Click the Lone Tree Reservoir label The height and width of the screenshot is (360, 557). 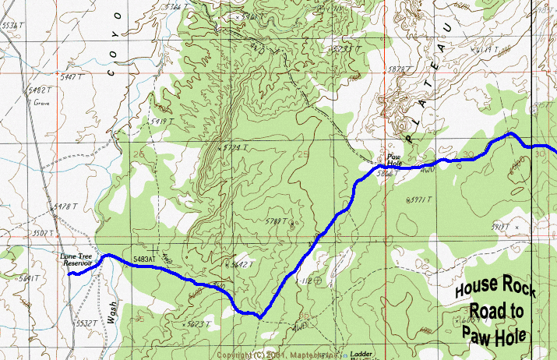[77, 259]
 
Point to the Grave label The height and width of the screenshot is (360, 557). [41, 102]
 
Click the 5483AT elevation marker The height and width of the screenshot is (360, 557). [145, 259]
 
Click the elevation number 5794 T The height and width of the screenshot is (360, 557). [233, 147]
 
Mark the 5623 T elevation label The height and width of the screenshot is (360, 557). [198, 323]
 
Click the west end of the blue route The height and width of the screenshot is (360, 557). [69, 274]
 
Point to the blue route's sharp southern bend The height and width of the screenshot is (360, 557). [258, 316]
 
